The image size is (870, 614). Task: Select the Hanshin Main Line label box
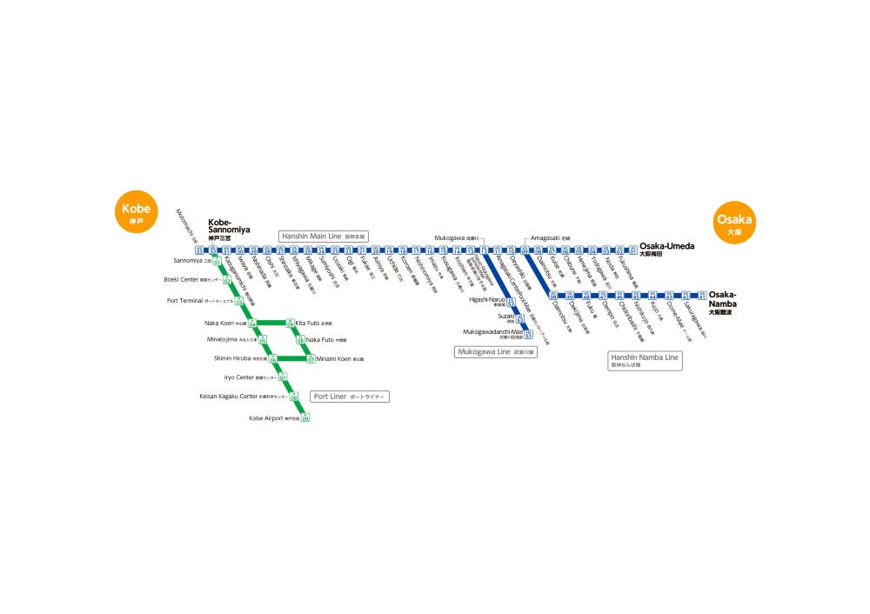[x=325, y=236]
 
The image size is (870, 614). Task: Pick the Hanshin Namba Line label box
[x=645, y=361]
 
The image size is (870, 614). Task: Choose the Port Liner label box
[x=350, y=397]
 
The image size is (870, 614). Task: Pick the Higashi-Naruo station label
[x=487, y=301]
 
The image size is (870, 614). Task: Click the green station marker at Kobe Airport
[x=305, y=417]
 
